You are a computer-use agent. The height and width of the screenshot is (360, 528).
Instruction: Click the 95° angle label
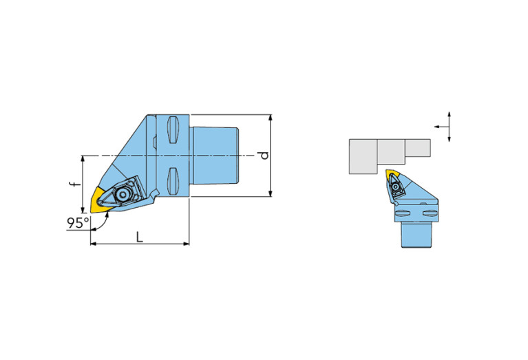pyautogui.click(x=78, y=223)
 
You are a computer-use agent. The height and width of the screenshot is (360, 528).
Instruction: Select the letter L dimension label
pyautogui.click(x=140, y=237)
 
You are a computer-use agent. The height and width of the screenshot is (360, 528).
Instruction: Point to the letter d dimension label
pyautogui.click(x=264, y=156)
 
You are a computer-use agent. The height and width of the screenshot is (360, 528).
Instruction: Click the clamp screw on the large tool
pyautogui.click(x=123, y=195)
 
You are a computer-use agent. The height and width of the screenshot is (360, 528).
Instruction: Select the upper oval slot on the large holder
pyautogui.click(x=171, y=129)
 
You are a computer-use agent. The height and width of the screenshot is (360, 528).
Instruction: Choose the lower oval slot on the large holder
pyautogui.click(x=171, y=181)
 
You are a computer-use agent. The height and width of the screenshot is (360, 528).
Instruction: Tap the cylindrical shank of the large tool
pyautogui.click(x=215, y=156)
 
